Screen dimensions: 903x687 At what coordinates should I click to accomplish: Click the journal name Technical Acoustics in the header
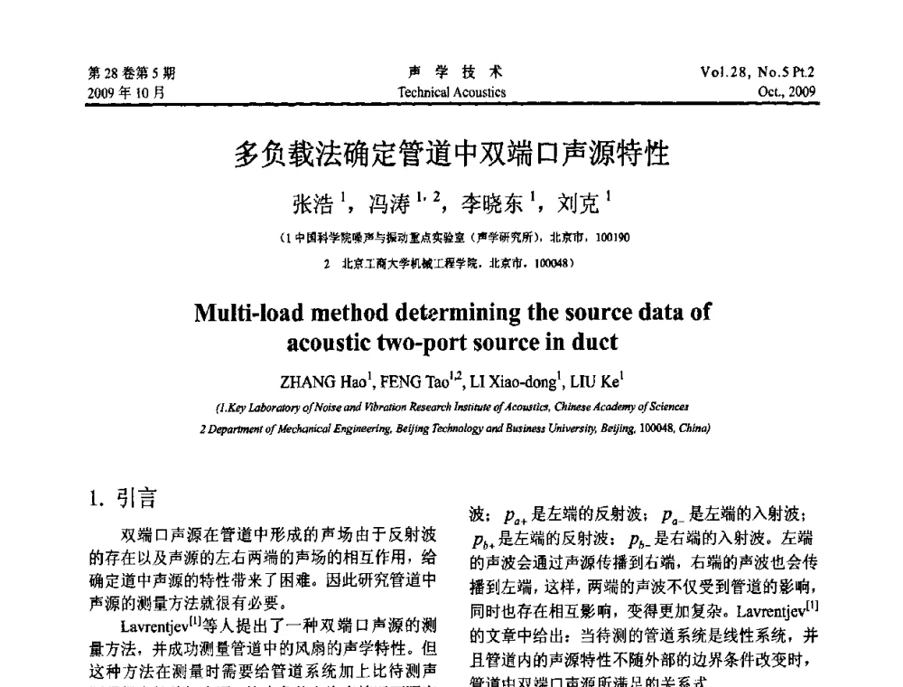pyautogui.click(x=451, y=92)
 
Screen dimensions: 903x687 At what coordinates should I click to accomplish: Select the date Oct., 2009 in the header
pyautogui.click(x=787, y=92)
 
